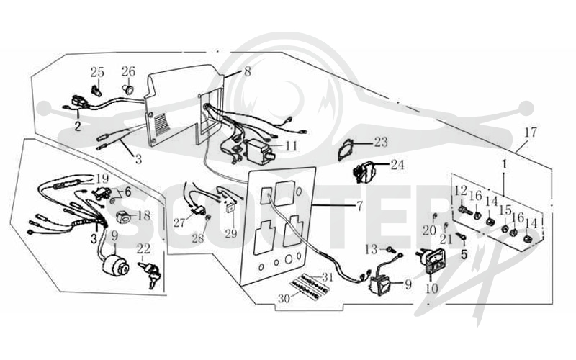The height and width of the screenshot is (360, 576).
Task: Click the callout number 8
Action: click(x=248, y=71)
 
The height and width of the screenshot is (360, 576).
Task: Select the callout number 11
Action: click(x=292, y=146)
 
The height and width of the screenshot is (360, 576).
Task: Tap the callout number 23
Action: click(x=381, y=142)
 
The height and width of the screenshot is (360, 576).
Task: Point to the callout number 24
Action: click(x=397, y=165)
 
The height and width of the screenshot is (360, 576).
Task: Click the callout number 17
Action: click(x=531, y=132)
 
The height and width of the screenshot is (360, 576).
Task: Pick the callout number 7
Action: click(x=359, y=206)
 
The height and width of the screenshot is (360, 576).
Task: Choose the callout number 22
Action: click(x=143, y=248)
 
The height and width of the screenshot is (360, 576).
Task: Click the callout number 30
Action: click(x=284, y=299)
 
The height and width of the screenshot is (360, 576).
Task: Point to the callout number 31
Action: click(x=328, y=276)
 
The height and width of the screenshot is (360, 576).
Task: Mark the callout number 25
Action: click(x=97, y=72)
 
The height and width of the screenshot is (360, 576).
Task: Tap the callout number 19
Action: click(x=102, y=179)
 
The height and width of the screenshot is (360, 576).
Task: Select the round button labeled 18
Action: click(x=123, y=217)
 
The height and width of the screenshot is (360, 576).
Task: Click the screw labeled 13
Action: click(x=391, y=250)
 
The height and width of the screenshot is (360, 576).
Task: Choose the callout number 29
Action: click(x=231, y=233)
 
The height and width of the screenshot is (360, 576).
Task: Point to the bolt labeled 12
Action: click(x=464, y=210)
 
